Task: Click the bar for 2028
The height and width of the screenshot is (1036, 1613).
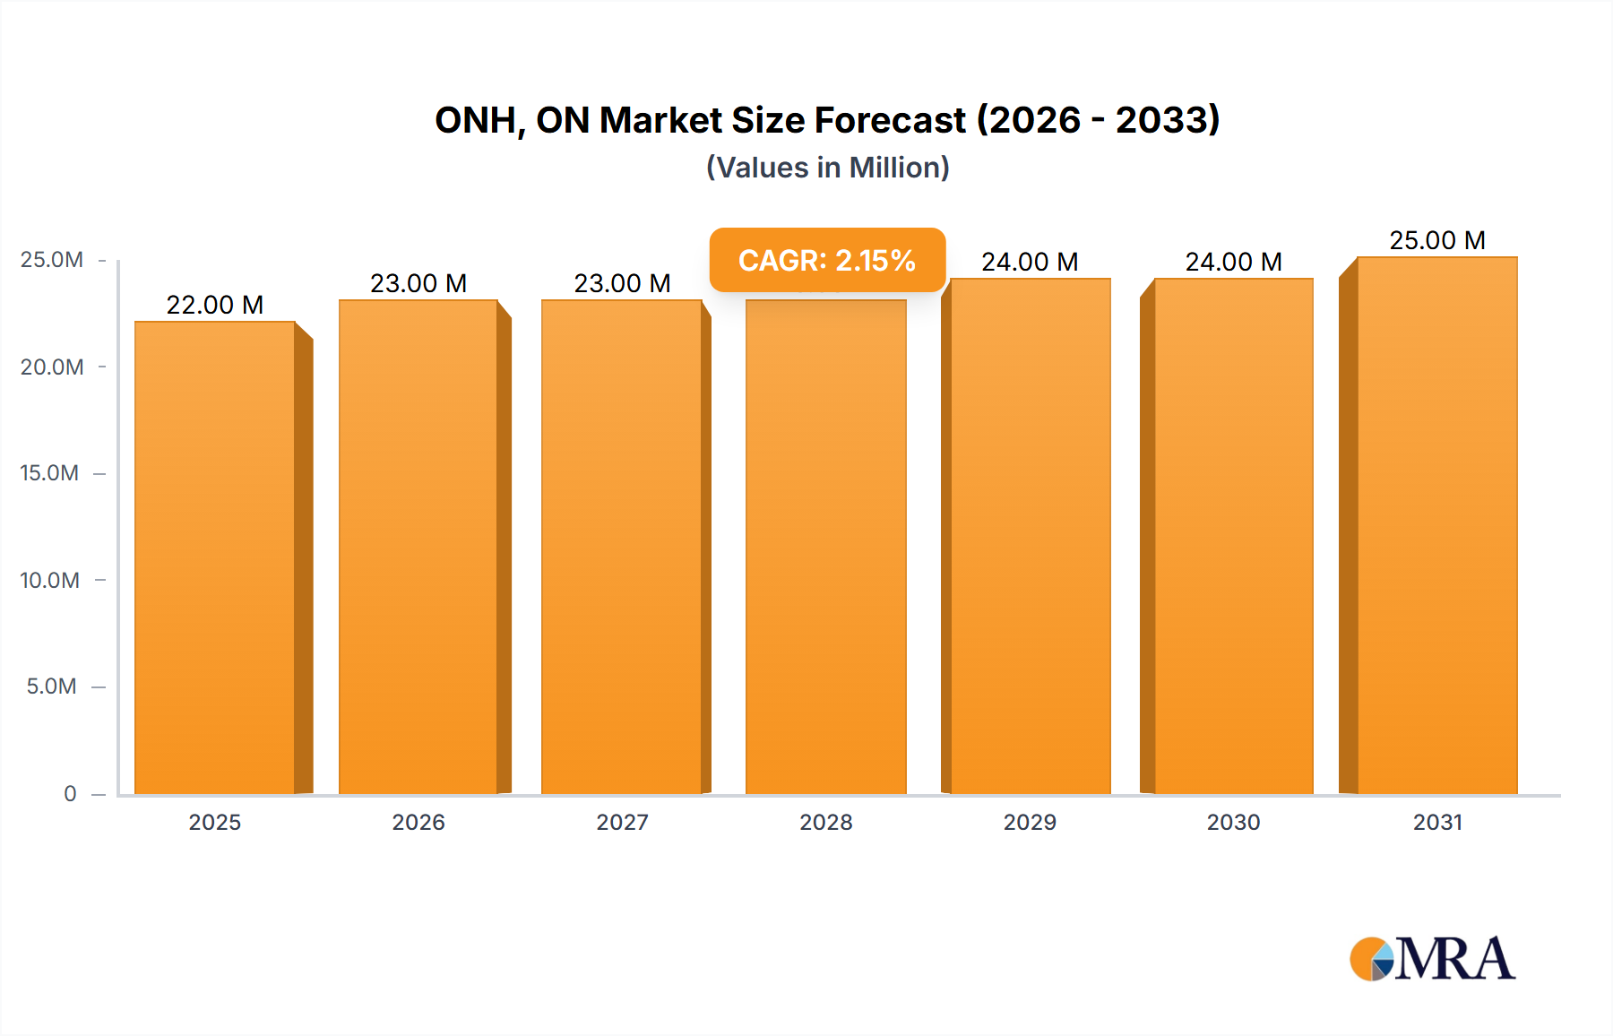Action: pos(826,547)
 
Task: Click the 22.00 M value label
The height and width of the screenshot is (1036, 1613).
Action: pos(215,305)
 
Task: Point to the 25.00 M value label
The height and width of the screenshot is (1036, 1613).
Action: pos(1437,240)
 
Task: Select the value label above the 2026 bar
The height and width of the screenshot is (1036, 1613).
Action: pos(418,283)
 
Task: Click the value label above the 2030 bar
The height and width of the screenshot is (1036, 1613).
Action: pos(1233,262)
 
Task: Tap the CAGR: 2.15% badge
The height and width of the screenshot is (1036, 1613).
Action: pos(827,260)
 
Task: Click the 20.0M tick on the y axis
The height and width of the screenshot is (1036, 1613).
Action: pos(52,367)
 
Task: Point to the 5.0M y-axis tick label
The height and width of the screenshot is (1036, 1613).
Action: pos(52,686)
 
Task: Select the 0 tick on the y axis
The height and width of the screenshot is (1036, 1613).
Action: pos(70,793)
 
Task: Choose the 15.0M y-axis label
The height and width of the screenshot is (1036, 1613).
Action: pos(50,473)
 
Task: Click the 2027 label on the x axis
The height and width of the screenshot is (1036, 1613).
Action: pos(622,822)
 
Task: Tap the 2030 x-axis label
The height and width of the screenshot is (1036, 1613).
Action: pos(1233,822)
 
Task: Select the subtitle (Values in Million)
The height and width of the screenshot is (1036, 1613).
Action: pos(827,168)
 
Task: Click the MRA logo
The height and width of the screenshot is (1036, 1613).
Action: pos(1432,959)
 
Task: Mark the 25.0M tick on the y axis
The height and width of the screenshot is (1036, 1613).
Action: pos(52,260)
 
